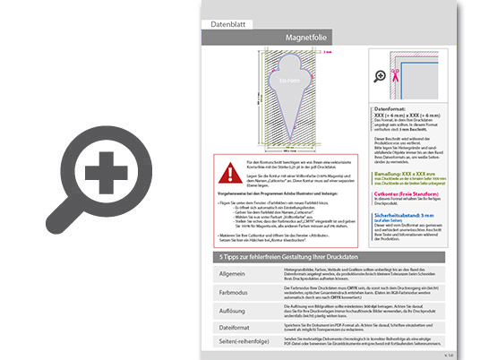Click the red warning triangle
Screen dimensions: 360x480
pyautogui.click(x=227, y=168)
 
